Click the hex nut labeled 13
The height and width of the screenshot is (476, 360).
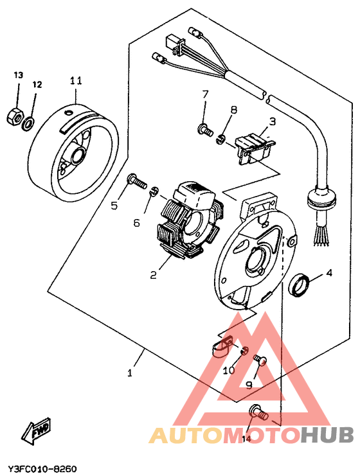coord(15,116)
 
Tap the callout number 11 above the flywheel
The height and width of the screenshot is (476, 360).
coord(76,82)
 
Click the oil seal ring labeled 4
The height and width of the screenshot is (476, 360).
coord(300,285)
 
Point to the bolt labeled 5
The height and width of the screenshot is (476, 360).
coord(137,181)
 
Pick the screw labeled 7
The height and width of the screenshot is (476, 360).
coord(206,130)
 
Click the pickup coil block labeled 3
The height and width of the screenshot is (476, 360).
coord(256,148)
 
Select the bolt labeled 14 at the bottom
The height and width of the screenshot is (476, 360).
coord(258,412)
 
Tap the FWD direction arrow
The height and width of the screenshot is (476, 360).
coord(37,431)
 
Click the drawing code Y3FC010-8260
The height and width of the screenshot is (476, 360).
coord(42,468)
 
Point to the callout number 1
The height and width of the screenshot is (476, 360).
coord(130,372)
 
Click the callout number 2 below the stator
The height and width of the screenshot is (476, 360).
coord(153,275)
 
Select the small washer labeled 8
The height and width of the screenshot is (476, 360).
coord(221,139)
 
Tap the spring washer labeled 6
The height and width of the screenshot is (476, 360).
coord(154,191)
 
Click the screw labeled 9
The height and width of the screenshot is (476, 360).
coord(260,360)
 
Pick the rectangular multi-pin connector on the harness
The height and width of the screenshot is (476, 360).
coord(174,44)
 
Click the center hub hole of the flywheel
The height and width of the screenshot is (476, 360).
coord(78,155)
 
